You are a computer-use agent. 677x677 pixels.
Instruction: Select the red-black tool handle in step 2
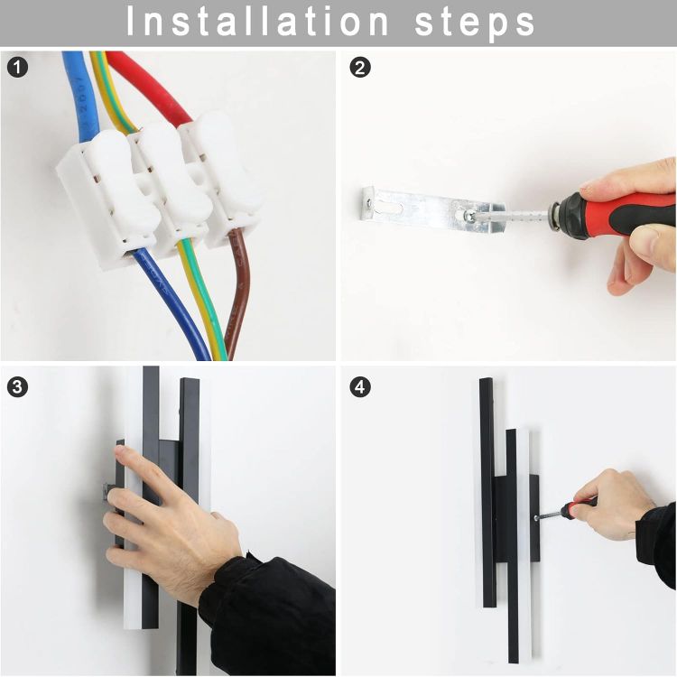(623, 215)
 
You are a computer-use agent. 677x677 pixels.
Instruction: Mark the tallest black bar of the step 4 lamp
(487, 487)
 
